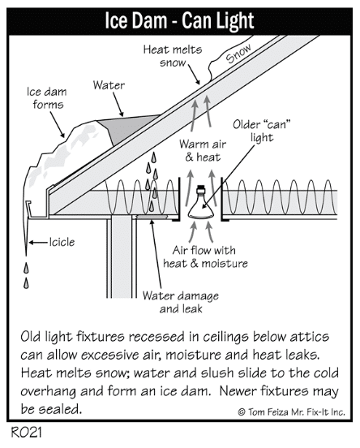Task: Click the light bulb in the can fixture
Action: click(x=201, y=203)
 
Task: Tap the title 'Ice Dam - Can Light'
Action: click(x=179, y=21)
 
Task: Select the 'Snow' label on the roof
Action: click(x=238, y=53)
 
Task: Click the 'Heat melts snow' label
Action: click(x=173, y=56)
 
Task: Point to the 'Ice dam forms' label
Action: click(x=47, y=98)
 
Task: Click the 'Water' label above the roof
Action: click(x=109, y=85)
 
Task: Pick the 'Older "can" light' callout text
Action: click(x=262, y=131)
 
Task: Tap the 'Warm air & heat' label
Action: click(x=203, y=151)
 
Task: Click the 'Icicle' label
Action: click(x=62, y=243)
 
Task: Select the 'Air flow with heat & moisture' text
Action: click(x=205, y=256)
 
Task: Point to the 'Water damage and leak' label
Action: click(x=181, y=302)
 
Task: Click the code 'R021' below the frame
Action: click(x=26, y=433)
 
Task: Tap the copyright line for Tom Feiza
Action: click(x=291, y=412)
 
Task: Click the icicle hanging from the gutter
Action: click(x=26, y=235)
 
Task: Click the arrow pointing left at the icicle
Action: click(x=38, y=243)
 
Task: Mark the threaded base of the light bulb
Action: click(x=201, y=189)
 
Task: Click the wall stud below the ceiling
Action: click(x=121, y=256)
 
